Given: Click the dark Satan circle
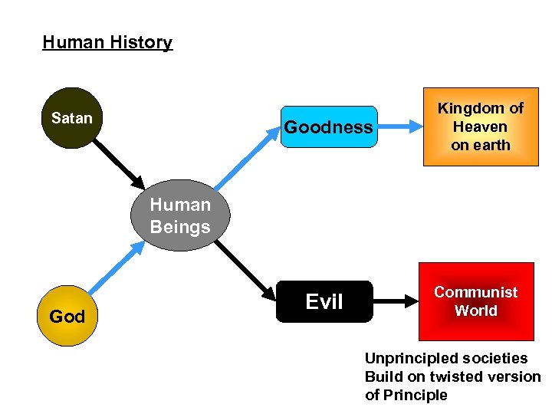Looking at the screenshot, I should click(72, 119).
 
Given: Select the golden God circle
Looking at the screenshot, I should click(67, 315).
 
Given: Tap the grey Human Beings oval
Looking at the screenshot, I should click(180, 216).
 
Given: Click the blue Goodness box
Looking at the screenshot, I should click(328, 127).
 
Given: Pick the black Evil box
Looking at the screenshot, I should click(325, 301).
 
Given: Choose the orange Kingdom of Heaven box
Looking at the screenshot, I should click(481, 127).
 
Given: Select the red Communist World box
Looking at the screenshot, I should click(475, 301).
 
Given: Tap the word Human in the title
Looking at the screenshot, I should click(73, 42).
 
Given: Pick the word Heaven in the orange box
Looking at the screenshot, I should click(480, 127).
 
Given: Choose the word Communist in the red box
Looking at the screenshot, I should click(475, 292).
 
